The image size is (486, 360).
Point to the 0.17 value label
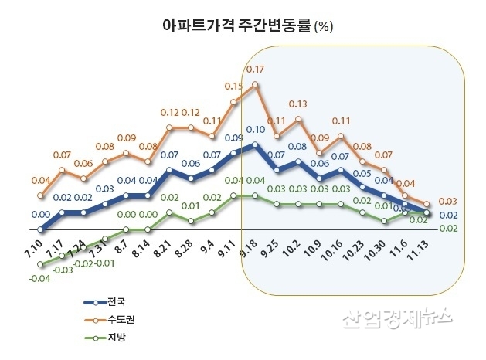255,70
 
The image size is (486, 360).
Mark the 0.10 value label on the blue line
256,129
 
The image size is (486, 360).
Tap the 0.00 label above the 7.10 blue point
41,214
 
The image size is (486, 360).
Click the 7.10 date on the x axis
33,252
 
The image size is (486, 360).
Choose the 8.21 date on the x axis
162,252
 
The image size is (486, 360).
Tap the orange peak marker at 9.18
255,84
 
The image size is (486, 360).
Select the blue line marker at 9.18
255,144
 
